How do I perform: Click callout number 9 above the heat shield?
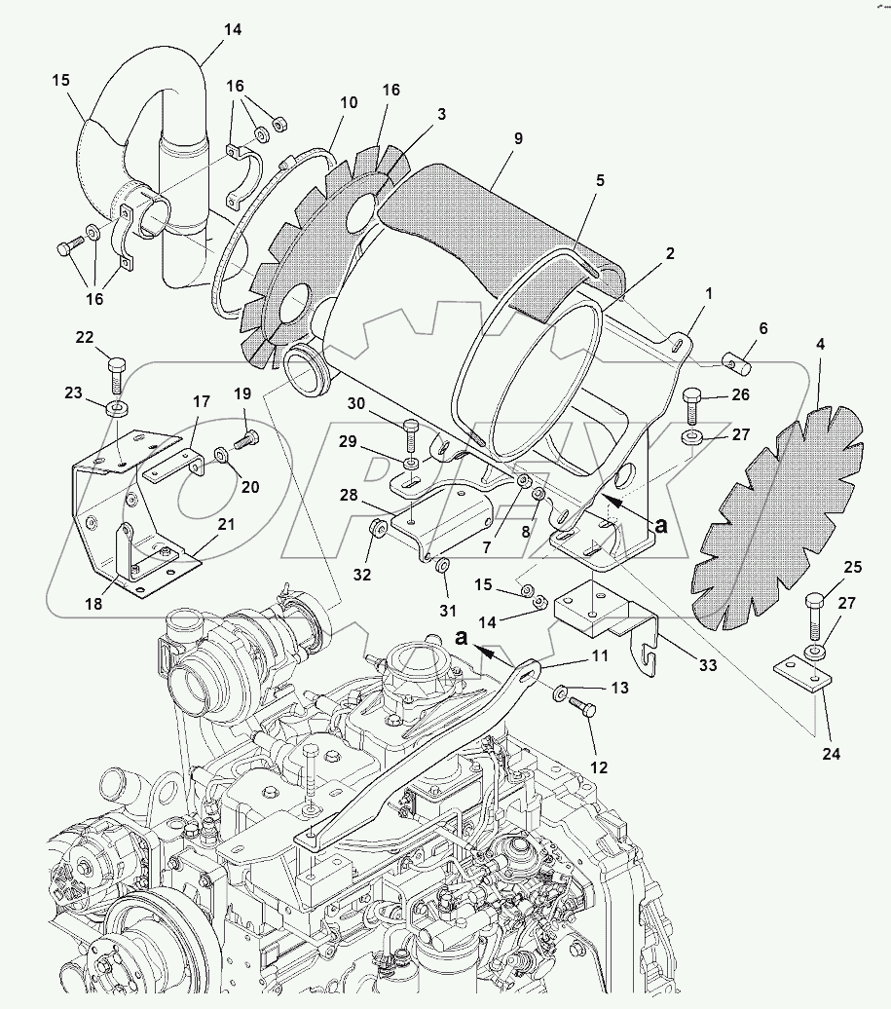click(518, 139)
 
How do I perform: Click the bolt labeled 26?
click(693, 398)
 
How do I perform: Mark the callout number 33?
click(707, 665)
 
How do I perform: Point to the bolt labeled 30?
click(410, 428)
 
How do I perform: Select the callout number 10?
click(348, 102)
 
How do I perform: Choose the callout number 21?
click(226, 524)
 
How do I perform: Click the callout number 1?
click(709, 293)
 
